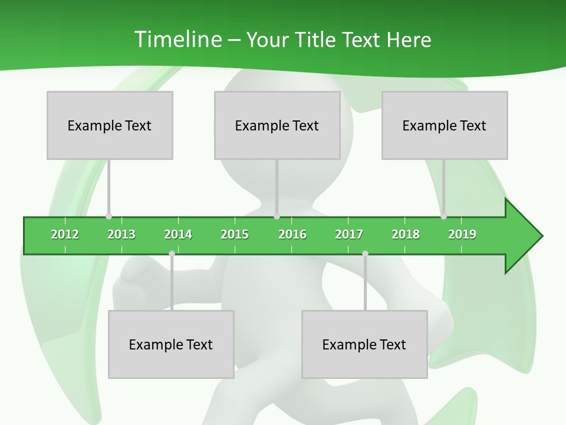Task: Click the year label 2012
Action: click(x=65, y=234)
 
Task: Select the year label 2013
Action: click(x=121, y=234)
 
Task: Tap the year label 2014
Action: click(x=178, y=234)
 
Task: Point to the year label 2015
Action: click(x=235, y=234)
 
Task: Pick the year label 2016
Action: click(x=292, y=234)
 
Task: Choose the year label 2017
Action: click(x=349, y=234)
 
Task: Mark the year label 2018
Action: click(x=406, y=234)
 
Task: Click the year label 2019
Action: click(x=462, y=234)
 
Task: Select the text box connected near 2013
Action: click(x=110, y=125)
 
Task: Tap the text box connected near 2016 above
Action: click(x=277, y=125)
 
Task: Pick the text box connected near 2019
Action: click(x=445, y=125)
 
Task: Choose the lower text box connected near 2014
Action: click(x=171, y=344)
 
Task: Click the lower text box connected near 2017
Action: click(x=364, y=344)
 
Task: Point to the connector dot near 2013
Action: click(x=108, y=217)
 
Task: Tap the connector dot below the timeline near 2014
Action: click(x=172, y=254)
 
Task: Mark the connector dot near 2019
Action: click(x=443, y=217)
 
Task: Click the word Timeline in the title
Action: click(x=176, y=40)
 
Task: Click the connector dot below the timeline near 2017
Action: click(x=365, y=254)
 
